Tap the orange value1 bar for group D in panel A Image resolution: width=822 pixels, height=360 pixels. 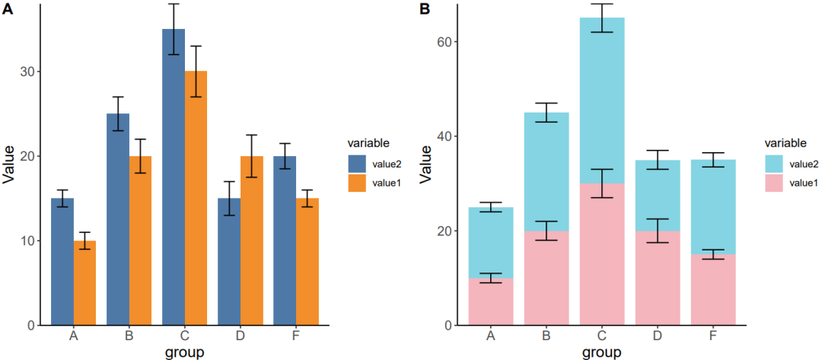(x=251, y=244)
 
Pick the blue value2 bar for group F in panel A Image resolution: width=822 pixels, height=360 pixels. (x=285, y=244)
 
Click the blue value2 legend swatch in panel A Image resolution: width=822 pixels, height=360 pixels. (x=358, y=164)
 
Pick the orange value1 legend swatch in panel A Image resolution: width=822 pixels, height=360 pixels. (x=358, y=182)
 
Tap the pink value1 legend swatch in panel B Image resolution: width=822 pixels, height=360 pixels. (x=775, y=182)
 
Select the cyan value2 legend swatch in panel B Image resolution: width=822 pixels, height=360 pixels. (x=775, y=164)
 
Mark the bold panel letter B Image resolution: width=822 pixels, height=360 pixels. (x=425, y=9)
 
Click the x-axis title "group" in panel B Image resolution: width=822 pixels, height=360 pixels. (x=601, y=352)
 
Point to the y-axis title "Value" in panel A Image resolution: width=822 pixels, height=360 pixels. (x=9, y=164)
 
